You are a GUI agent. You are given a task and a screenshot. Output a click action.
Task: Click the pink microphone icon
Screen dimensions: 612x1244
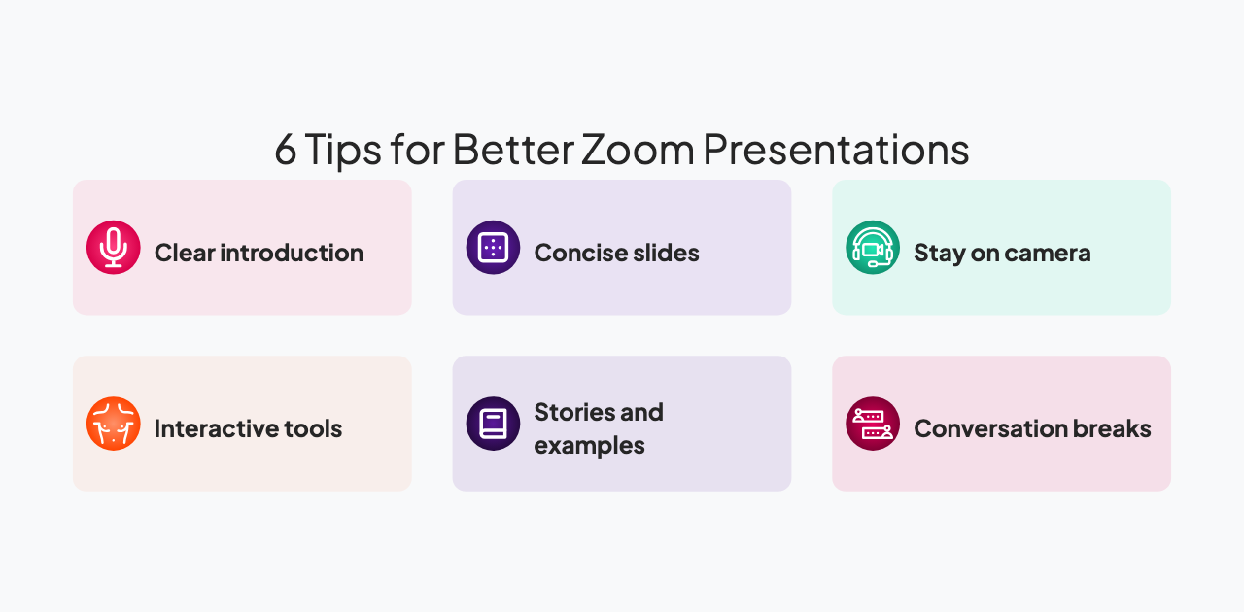pyautogui.click(x=114, y=248)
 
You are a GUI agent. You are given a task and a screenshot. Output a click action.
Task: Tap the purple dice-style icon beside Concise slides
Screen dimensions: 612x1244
pyautogui.click(x=493, y=248)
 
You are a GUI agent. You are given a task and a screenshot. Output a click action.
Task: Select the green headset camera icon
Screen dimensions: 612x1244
pyautogui.click(x=873, y=248)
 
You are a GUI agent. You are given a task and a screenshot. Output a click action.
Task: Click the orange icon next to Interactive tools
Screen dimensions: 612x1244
pyautogui.click(x=114, y=424)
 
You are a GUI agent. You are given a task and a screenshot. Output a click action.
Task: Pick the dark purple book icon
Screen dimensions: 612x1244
pyautogui.click(x=493, y=424)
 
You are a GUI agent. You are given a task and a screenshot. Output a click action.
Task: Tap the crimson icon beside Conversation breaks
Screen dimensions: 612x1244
pyautogui.click(x=873, y=424)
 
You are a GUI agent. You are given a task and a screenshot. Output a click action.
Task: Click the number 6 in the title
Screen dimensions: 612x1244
pyautogui.click(x=285, y=151)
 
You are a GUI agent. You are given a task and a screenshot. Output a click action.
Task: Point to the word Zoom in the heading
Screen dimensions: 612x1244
pyautogui.click(x=638, y=151)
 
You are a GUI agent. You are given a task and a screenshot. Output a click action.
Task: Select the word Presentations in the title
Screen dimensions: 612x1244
pyautogui.click(x=836, y=151)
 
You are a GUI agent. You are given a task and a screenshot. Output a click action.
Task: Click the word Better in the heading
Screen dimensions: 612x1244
pyautogui.click(x=511, y=151)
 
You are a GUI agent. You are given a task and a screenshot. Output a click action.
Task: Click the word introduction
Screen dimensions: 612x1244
pyautogui.click(x=292, y=254)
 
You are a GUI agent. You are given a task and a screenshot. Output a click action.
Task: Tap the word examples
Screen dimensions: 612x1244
pyautogui.click(x=589, y=446)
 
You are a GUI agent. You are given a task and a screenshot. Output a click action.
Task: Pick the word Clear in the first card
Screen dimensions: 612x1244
pyautogui.click(x=185, y=254)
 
